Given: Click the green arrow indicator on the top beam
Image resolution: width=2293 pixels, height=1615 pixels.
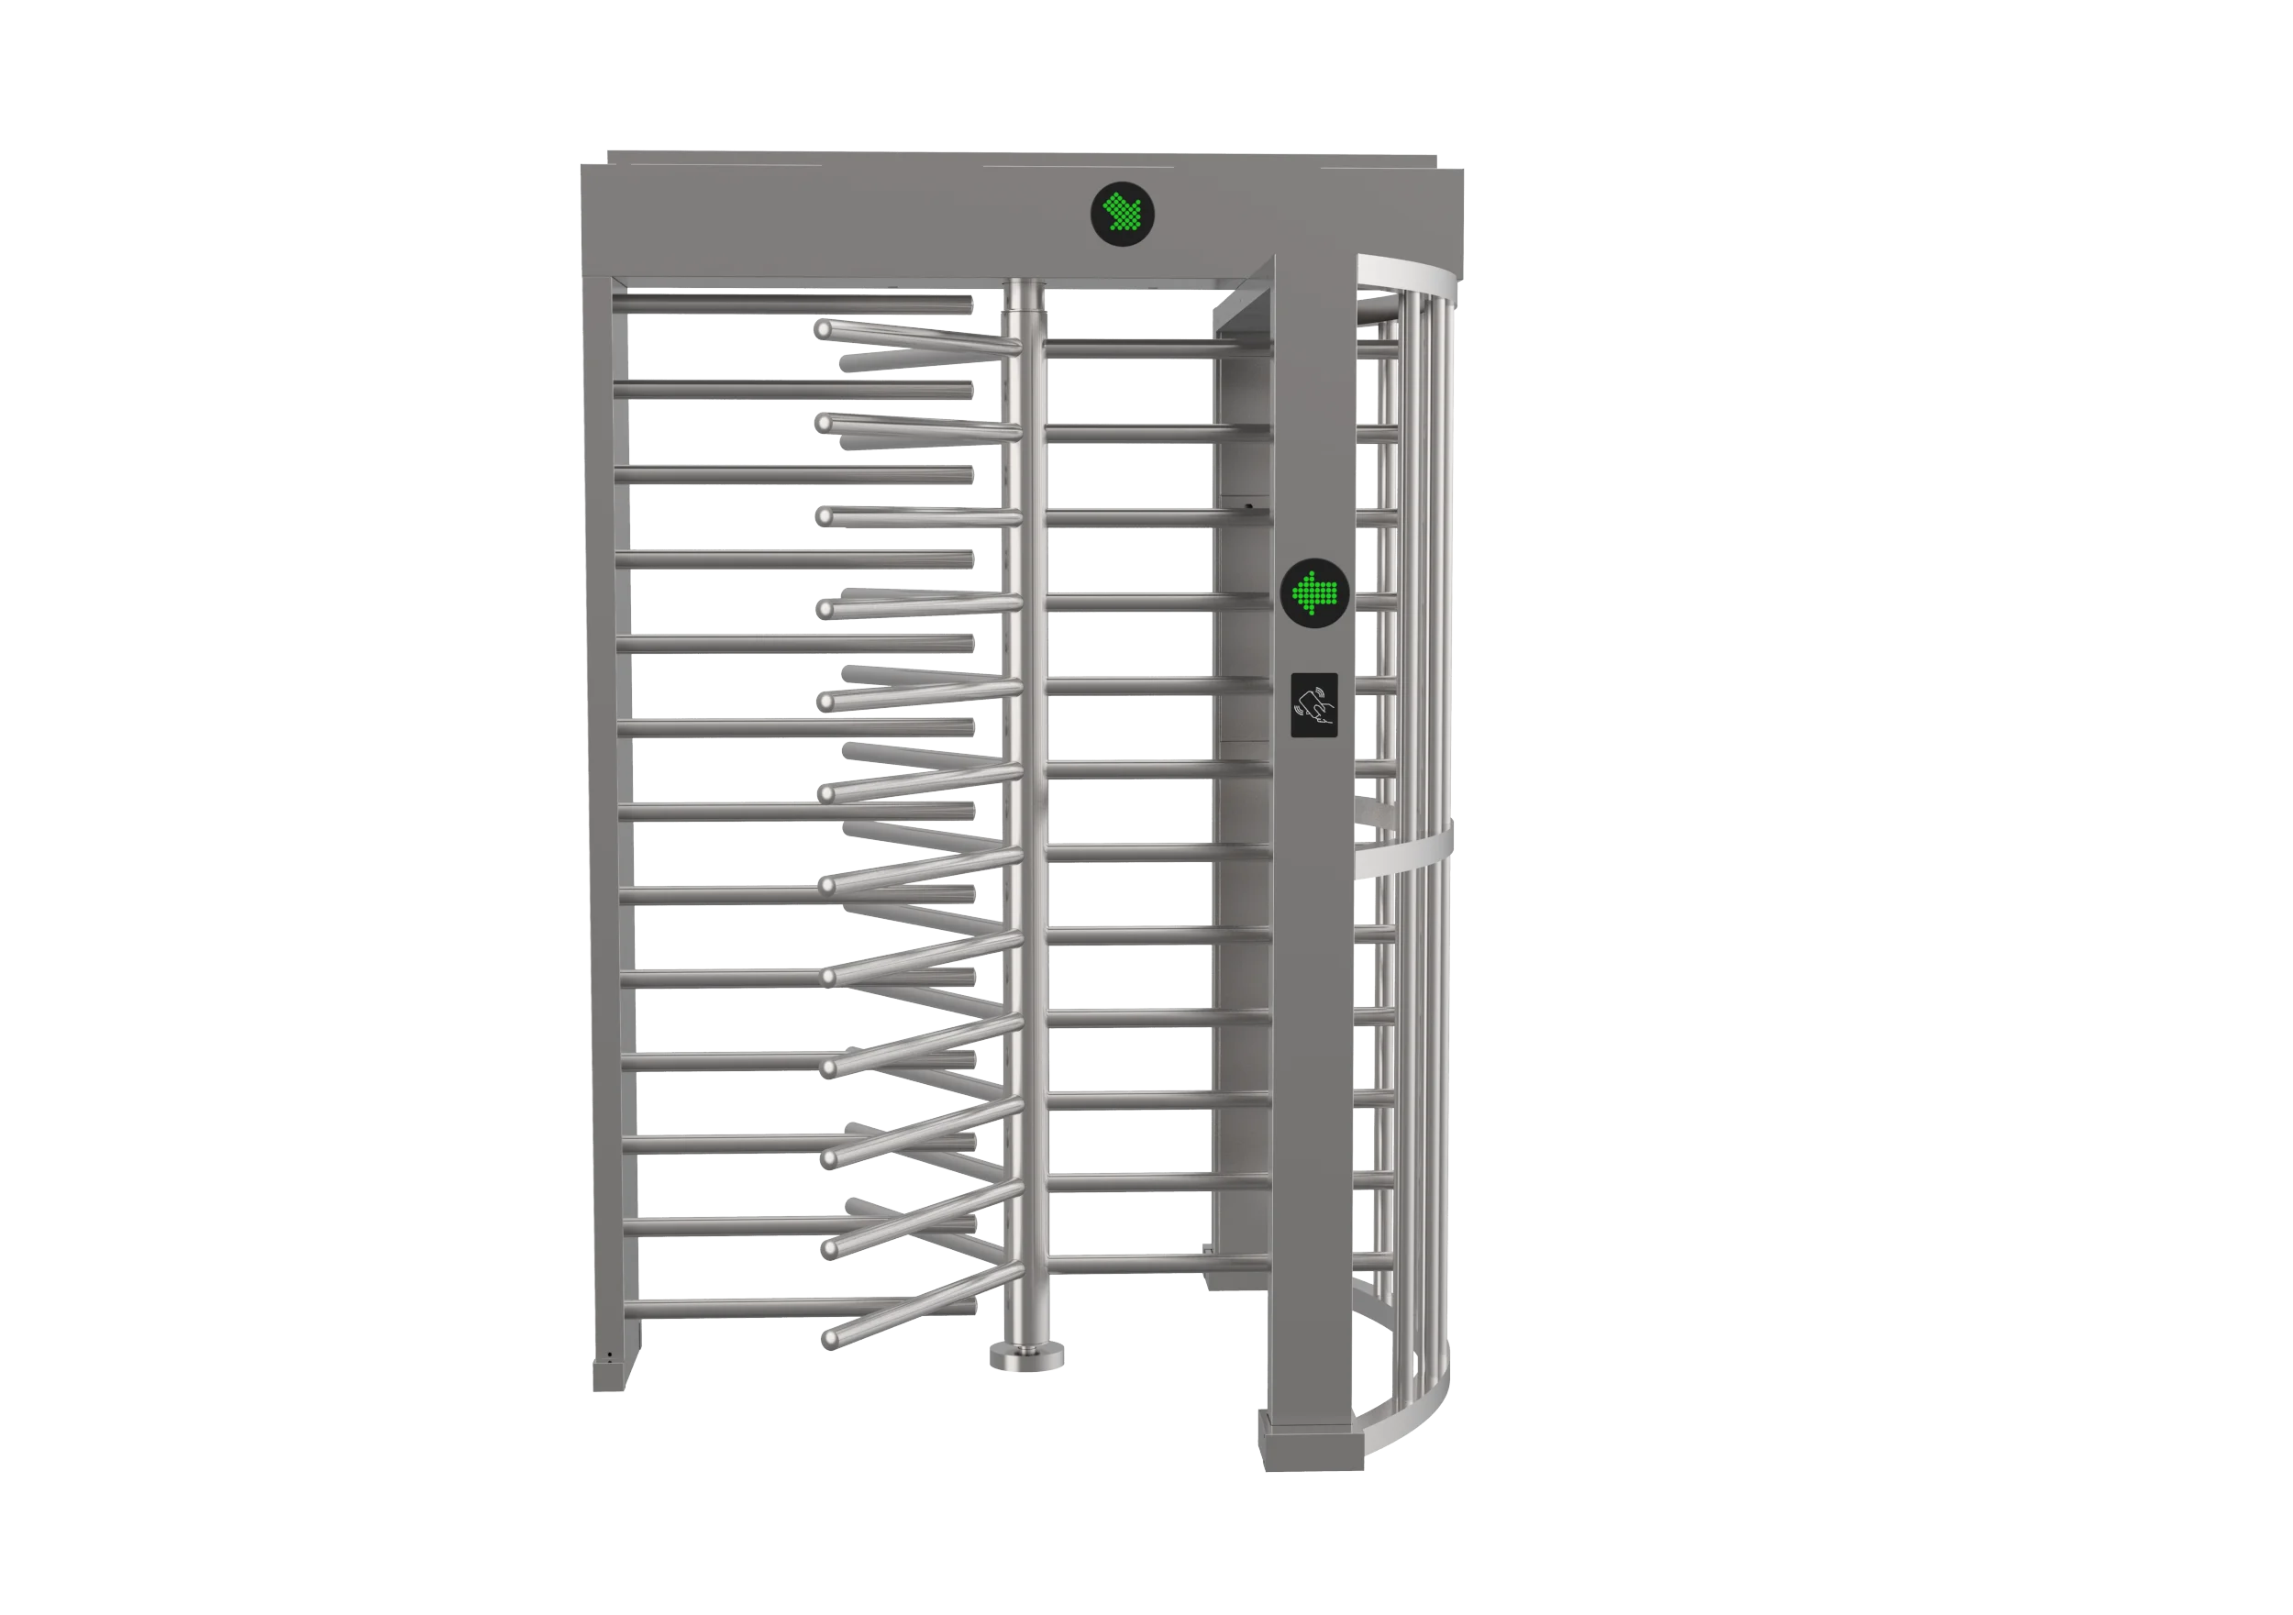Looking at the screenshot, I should (1122, 213).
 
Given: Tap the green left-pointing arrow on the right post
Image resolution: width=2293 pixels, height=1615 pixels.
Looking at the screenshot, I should (1315, 593).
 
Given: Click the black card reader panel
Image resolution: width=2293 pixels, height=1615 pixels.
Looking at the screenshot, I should (1314, 705).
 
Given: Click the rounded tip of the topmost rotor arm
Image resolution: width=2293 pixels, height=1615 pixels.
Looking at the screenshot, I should (824, 328).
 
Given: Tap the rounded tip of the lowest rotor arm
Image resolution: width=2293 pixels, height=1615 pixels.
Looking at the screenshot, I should (830, 1339).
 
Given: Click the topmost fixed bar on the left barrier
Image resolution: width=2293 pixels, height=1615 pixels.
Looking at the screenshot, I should (794, 304).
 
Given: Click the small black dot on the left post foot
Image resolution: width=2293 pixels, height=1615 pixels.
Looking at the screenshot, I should (609, 1355).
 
